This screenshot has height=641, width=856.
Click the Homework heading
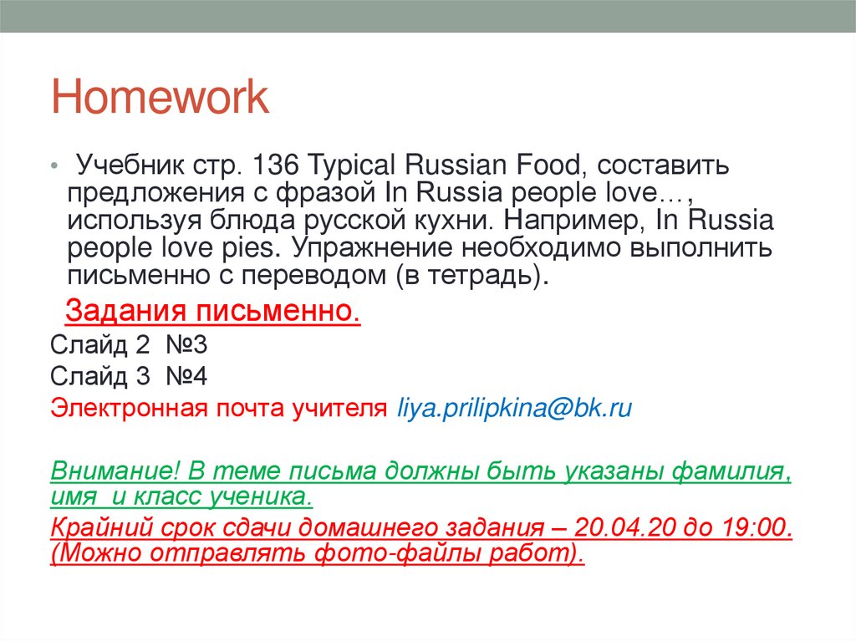[x=160, y=99]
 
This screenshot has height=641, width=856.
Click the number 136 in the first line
[x=281, y=165]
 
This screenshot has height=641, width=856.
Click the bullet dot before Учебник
[x=53, y=166]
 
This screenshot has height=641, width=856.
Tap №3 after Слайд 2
[x=181, y=345]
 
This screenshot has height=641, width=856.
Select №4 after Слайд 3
[x=181, y=377]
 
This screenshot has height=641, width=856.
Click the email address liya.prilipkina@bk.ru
[x=513, y=409]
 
